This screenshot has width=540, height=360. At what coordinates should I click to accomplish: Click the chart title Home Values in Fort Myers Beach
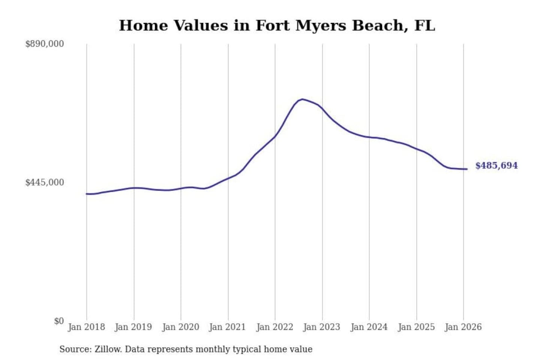coord(277,25)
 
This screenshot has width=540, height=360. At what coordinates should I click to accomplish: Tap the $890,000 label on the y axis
coord(45,44)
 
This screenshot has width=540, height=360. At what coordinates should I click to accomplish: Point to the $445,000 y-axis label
coord(45,182)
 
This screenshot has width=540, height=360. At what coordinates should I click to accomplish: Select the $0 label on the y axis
coord(59,321)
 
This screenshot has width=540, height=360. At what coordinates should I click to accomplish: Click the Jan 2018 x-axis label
coord(86,327)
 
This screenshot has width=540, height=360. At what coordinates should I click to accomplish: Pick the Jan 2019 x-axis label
coord(133,327)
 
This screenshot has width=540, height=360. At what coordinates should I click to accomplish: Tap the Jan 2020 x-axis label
coord(180,327)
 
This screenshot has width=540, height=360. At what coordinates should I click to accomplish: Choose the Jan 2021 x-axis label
coord(227,327)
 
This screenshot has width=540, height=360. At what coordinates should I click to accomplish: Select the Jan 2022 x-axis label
coord(274,327)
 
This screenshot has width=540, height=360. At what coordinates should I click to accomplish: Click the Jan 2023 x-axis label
coord(321,327)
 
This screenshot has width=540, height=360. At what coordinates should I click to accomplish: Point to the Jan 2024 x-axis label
coord(369,327)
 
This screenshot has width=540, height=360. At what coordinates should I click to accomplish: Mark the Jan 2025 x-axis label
coord(416,327)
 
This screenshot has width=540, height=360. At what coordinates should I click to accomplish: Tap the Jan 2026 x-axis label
coord(463,327)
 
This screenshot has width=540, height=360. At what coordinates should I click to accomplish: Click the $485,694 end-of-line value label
coord(496,165)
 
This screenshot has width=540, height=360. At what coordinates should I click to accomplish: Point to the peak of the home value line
coord(303,99)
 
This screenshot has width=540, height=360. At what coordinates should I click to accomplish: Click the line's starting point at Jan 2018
coord(87,194)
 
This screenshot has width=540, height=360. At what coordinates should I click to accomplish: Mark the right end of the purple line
coord(467,169)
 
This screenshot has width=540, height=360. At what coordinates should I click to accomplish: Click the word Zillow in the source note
coord(108,349)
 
